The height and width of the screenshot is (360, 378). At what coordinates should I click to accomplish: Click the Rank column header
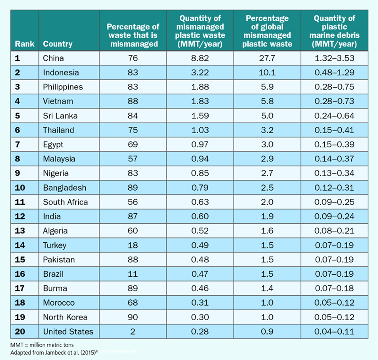(25, 44)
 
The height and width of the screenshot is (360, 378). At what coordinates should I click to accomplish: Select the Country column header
(57, 44)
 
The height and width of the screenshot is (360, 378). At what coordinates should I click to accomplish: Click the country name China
(53, 58)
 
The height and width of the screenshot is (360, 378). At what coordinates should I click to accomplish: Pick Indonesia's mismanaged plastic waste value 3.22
(200, 73)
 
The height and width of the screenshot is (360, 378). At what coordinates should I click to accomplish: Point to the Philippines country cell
(63, 87)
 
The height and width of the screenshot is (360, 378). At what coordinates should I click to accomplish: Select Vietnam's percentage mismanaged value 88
(133, 101)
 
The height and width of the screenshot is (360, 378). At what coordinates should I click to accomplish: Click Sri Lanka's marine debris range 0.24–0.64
(334, 116)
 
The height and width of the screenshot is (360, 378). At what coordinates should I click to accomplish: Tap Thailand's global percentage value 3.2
(267, 130)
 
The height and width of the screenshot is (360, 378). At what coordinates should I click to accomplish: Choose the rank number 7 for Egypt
(17, 145)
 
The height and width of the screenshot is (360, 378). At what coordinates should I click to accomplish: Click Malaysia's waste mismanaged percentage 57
(133, 159)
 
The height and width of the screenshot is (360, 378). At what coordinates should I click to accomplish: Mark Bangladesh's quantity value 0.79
(200, 188)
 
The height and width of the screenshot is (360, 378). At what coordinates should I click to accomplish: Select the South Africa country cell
(65, 202)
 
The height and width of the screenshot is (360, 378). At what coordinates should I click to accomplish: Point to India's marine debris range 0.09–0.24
(334, 216)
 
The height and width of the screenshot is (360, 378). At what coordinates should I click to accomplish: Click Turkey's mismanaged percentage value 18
(133, 245)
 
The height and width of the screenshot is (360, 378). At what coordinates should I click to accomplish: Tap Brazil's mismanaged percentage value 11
(133, 274)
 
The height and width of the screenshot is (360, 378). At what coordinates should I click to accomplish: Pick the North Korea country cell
(65, 317)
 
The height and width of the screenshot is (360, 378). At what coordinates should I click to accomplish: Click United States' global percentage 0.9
(267, 331)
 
